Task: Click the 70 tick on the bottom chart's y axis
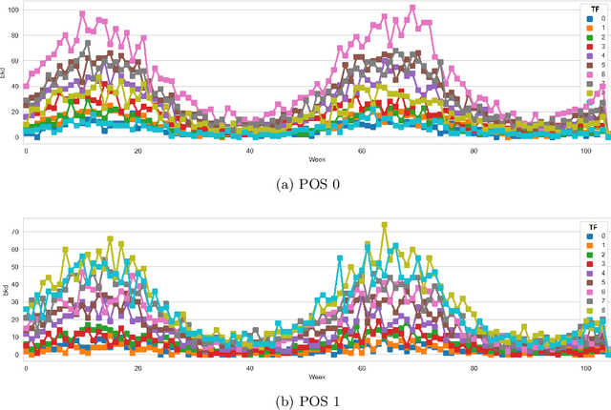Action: tap(15, 231)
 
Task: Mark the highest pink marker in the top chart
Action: tap(412, 9)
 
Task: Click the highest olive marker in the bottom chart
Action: tap(384, 226)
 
